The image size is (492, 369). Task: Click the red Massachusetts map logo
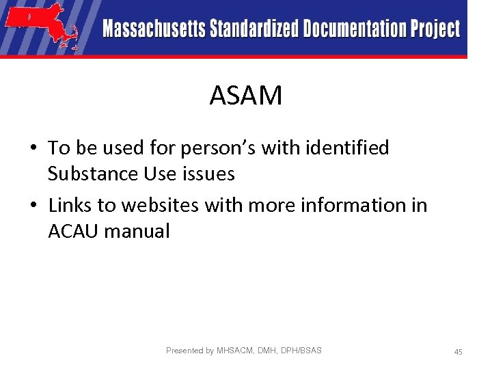click(x=42, y=25)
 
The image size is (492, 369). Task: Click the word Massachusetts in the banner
click(x=154, y=29)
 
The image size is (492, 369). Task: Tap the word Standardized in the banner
click(x=254, y=29)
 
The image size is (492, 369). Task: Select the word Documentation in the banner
click(x=355, y=29)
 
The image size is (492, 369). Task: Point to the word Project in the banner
click(x=435, y=29)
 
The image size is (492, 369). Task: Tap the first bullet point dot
click(x=33, y=148)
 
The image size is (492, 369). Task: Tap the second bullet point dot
click(x=33, y=206)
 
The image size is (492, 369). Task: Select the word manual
click(x=137, y=231)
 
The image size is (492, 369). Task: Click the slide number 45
click(x=459, y=351)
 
